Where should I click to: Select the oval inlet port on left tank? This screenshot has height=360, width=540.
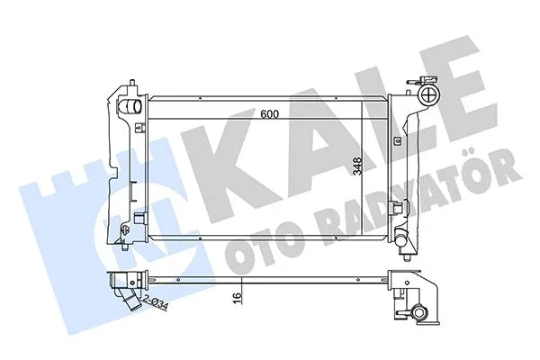click(x=132, y=109)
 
